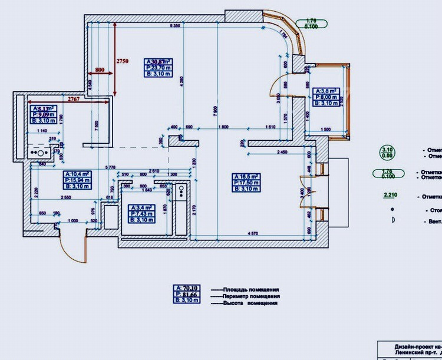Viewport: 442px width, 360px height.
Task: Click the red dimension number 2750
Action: coord(122,61)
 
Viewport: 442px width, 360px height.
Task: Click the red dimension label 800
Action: coord(99,70)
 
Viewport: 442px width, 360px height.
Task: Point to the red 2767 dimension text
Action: coord(74,98)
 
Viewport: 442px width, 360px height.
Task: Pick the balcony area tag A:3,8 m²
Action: coord(326,91)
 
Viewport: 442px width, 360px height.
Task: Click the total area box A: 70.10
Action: coord(187,288)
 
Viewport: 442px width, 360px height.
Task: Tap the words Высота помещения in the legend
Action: coord(249,303)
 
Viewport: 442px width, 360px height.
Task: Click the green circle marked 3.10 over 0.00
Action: coord(387,153)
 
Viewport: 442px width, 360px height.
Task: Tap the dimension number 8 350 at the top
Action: coord(174,27)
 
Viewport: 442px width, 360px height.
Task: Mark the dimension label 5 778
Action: coord(110,168)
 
